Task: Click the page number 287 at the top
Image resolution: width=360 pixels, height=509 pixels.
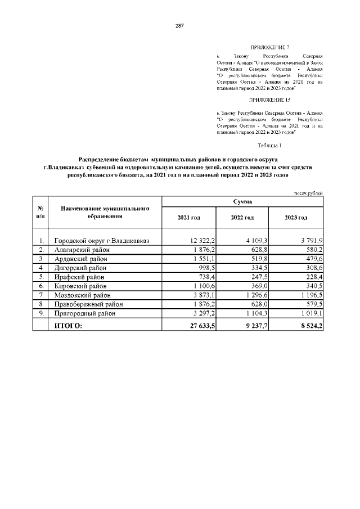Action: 180,26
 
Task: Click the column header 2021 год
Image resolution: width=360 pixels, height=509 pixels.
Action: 188,217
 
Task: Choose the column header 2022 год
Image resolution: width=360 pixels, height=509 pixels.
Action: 242,217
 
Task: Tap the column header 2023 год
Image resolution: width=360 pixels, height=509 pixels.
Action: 296,217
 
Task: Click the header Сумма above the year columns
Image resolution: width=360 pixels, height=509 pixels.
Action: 242,201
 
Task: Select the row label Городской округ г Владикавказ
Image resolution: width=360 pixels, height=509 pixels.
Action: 101,240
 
